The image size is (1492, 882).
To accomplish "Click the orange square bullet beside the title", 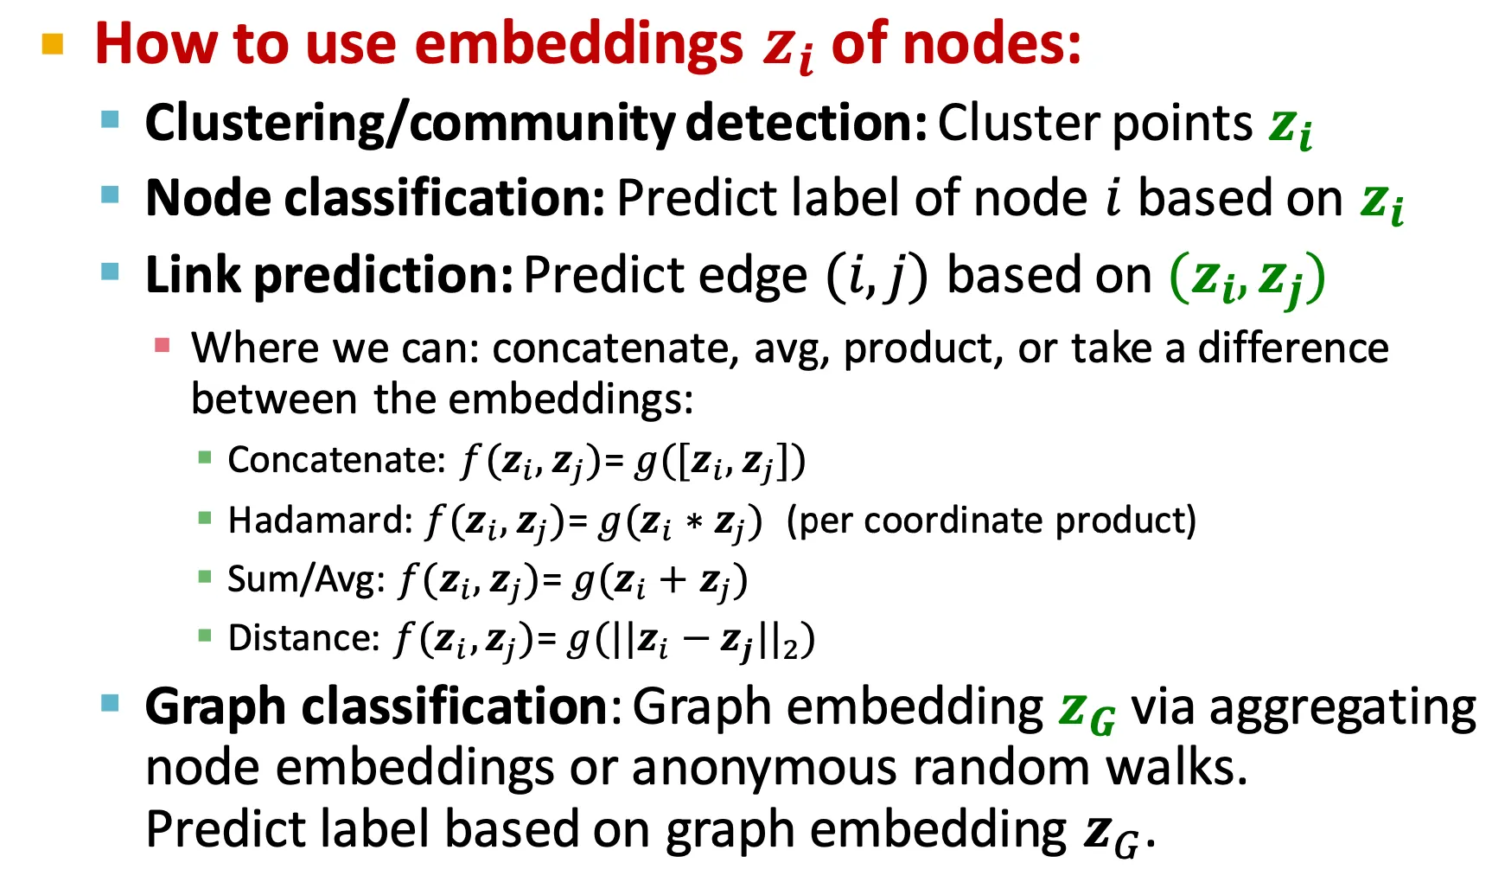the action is (x=53, y=44).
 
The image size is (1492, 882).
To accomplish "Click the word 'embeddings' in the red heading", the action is (x=578, y=43).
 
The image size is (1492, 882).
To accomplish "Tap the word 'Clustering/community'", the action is (x=410, y=124).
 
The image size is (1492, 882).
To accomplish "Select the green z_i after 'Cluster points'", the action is (x=1291, y=127).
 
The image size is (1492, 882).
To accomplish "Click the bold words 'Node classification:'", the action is (x=375, y=198).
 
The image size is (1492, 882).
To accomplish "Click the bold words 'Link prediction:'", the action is (x=329, y=276).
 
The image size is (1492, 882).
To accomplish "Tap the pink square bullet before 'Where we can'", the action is (x=162, y=346).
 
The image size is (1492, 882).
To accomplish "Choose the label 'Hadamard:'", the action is (x=321, y=521).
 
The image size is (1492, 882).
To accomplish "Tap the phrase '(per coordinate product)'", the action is (x=991, y=521).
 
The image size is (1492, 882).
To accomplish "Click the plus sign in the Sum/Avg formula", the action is (x=673, y=581).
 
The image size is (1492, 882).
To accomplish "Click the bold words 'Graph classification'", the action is (x=377, y=706).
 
